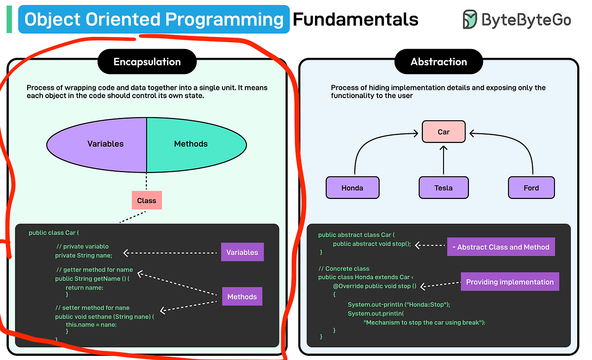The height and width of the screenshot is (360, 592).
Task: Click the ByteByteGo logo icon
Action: (469, 19)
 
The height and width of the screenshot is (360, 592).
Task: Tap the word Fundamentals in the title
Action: (355, 19)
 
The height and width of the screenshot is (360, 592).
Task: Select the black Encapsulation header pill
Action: (147, 62)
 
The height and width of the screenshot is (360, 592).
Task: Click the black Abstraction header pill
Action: (438, 62)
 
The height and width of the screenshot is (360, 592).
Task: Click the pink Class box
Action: (147, 200)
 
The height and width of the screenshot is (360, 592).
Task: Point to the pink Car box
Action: (444, 132)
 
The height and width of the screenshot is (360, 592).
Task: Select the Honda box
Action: (352, 188)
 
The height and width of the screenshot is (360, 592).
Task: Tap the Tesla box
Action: (444, 188)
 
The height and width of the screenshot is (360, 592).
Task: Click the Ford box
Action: (531, 188)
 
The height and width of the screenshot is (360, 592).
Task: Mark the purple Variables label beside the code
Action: (242, 252)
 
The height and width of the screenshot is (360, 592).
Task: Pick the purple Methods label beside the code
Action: (242, 297)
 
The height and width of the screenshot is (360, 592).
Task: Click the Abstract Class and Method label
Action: (500, 247)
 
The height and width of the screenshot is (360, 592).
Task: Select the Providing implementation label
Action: (510, 282)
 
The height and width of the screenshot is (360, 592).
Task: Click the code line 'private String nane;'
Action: (84, 255)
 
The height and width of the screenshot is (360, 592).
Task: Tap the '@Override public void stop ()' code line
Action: (375, 286)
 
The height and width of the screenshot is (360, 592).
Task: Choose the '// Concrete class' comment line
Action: (344, 268)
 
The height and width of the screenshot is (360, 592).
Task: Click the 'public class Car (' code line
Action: (54, 233)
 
